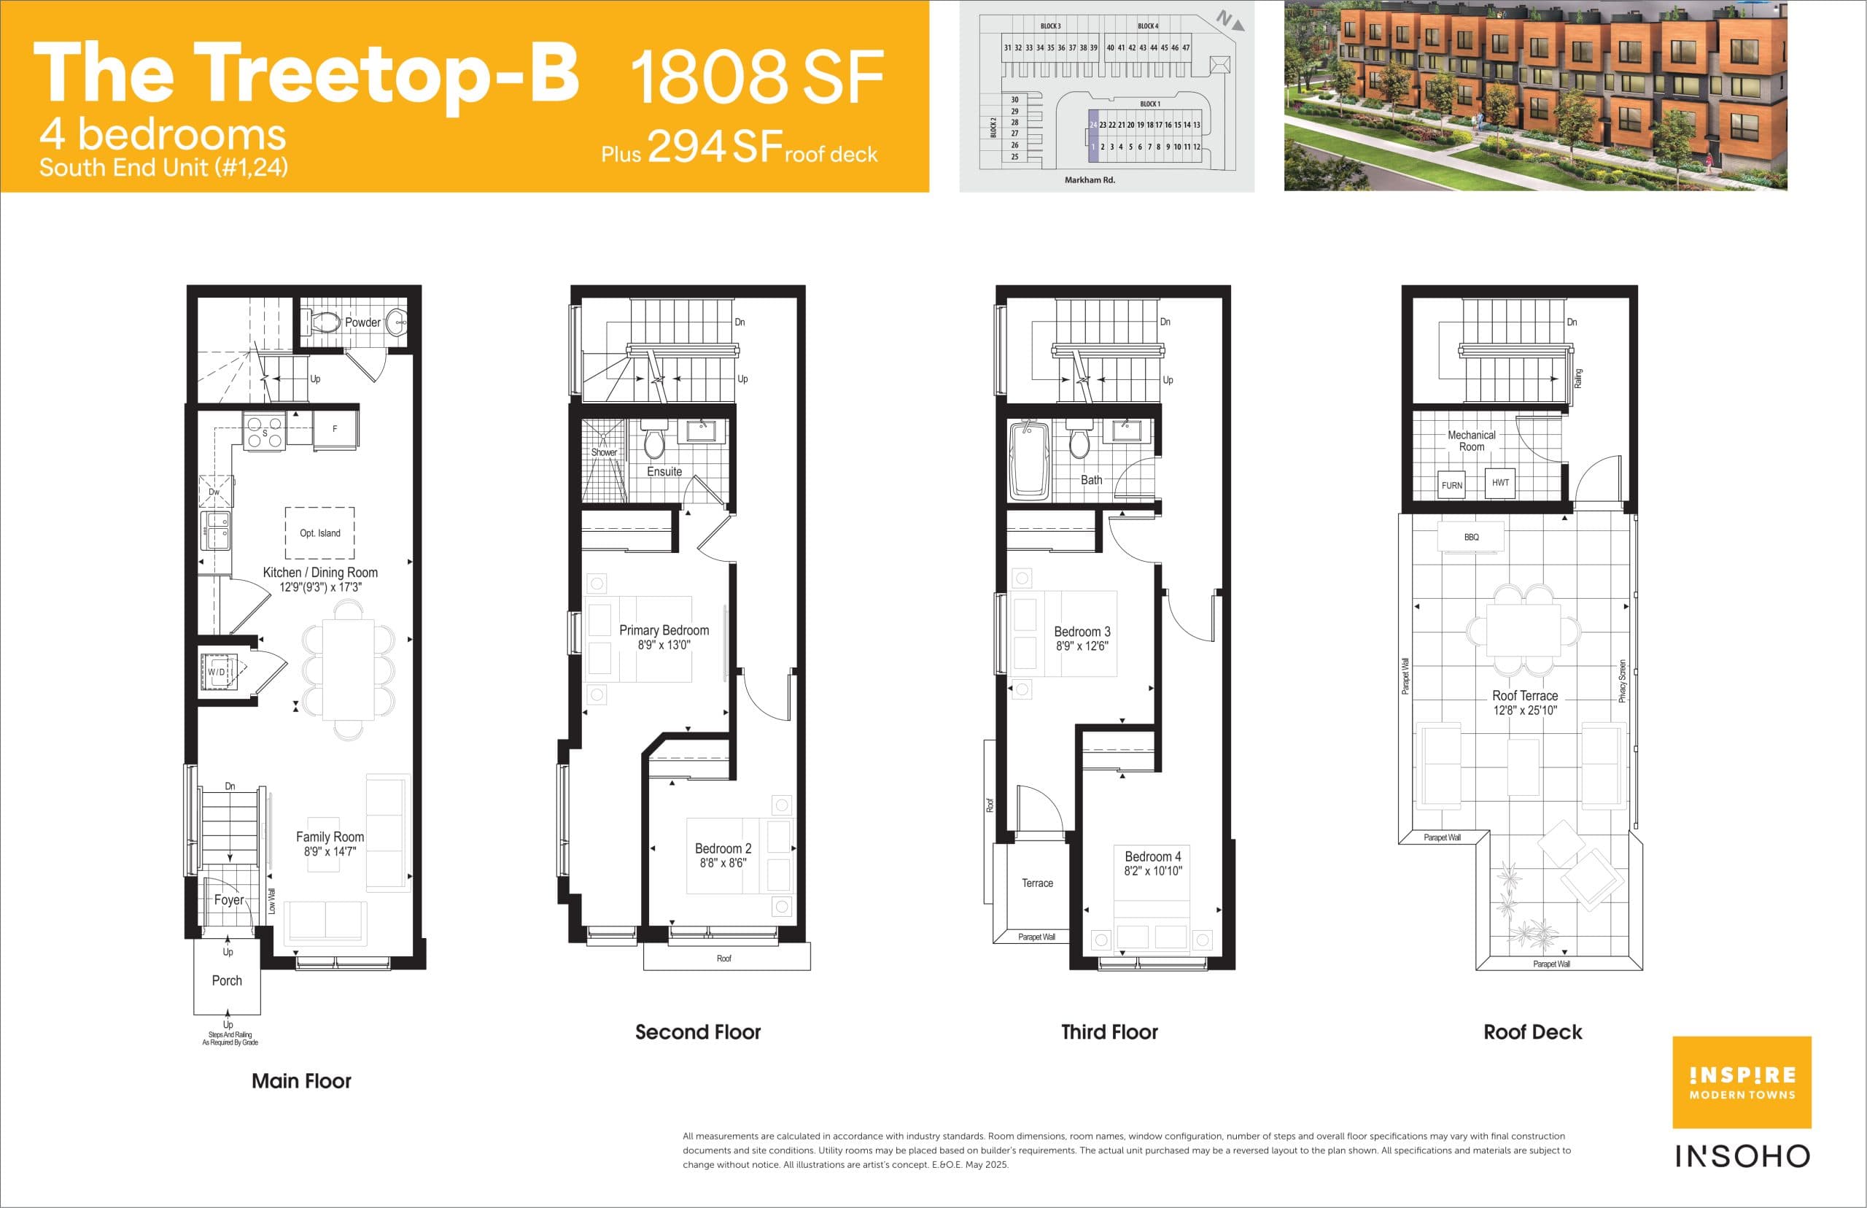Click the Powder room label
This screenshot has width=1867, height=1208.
tap(362, 322)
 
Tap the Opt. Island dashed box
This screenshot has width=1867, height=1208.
tap(319, 533)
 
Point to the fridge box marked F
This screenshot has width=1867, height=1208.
tap(335, 429)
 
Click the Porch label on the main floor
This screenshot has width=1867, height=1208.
tap(227, 980)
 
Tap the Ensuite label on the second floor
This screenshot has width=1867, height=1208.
tap(664, 471)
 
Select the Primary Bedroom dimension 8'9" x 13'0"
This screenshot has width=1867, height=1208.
tap(664, 645)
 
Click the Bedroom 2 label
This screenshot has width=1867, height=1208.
tap(723, 849)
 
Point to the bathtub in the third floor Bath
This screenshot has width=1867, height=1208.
tap(1029, 461)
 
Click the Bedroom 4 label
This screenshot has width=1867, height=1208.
tap(1153, 856)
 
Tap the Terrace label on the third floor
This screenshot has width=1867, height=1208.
tap(1036, 883)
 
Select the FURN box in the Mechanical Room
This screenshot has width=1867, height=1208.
tap(1451, 486)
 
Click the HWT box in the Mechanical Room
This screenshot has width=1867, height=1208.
tap(1500, 482)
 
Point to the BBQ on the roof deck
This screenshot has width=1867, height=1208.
tap(1471, 538)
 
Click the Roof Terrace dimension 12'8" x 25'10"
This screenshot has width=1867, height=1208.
tap(1524, 711)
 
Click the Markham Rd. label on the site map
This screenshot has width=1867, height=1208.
tap(1089, 180)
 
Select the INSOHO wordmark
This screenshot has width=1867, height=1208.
tap(1742, 1156)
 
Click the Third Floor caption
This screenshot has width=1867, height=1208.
tap(1109, 1032)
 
